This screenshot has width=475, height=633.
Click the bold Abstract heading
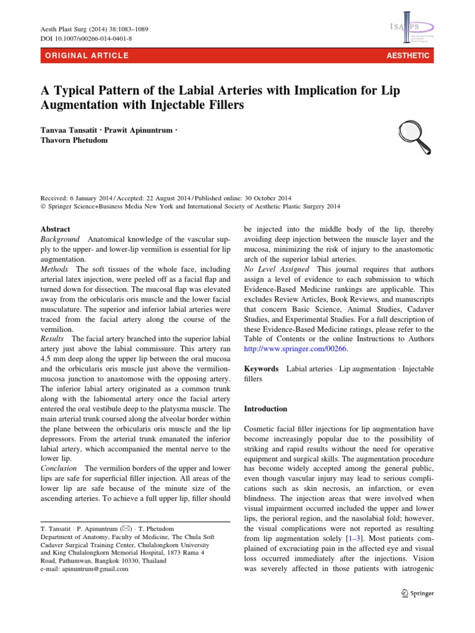pyautogui.click(x=55, y=229)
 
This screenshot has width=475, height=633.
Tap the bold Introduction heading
pyautogui.click(x=266, y=409)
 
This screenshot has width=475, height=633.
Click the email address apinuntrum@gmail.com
pyautogui.click(x=93, y=569)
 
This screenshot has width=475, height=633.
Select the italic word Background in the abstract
pyautogui.click(x=60, y=239)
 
